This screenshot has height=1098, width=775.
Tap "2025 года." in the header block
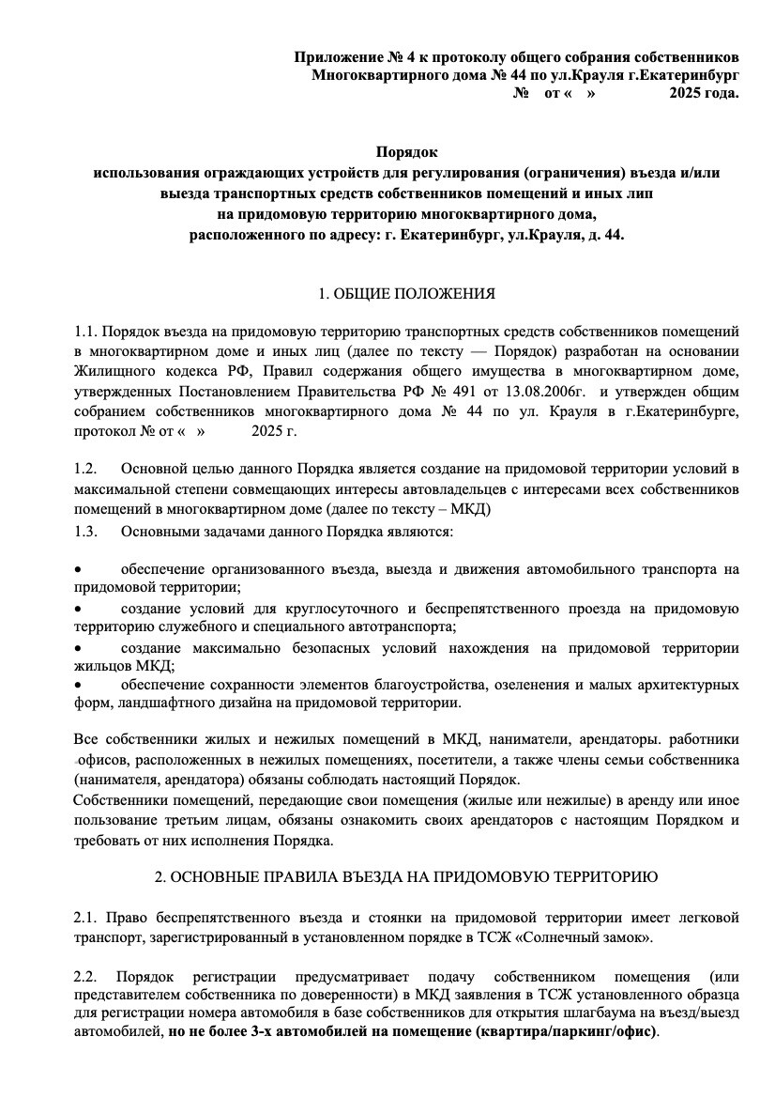pyautogui.click(x=704, y=93)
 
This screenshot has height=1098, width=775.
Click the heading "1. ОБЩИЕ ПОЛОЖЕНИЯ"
pyautogui.click(x=406, y=295)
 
